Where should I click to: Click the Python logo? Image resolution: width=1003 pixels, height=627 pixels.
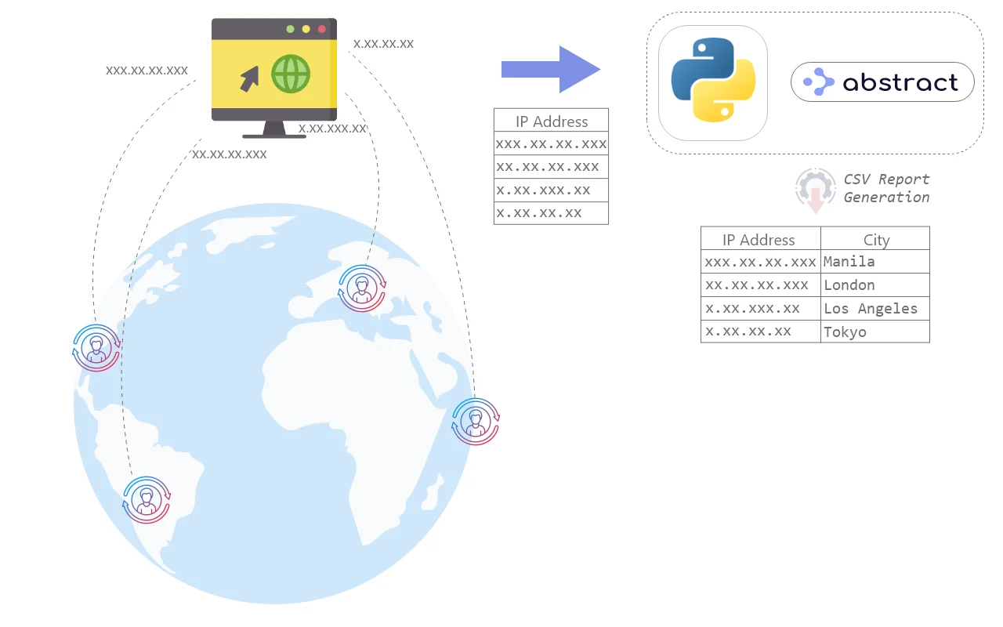712,82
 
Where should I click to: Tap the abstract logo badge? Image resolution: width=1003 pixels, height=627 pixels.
882,82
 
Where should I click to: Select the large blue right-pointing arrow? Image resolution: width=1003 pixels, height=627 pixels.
551,70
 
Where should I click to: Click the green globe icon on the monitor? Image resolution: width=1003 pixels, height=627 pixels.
291,75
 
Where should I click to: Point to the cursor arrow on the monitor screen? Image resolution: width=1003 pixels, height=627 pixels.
249,78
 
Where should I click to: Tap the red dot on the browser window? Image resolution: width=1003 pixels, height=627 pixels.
321,29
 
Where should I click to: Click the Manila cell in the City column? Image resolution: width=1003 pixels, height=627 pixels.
874,262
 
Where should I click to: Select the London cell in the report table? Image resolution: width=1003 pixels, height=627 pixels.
874,285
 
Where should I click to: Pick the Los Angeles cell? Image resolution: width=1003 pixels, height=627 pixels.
874,309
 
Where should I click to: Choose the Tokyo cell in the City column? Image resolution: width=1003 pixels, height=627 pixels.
874,332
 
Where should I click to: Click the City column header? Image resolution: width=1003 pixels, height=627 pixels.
876,240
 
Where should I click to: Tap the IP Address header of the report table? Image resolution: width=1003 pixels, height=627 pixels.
759,240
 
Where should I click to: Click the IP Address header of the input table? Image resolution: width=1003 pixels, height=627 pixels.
551,121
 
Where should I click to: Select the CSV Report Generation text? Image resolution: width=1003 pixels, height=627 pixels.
886,188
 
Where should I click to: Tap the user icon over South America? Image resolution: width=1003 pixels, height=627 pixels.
147,498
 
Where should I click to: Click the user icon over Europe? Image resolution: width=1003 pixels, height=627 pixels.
361,288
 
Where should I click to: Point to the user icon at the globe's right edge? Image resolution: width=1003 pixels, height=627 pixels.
476,422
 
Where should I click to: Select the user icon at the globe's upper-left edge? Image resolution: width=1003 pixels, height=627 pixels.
96,347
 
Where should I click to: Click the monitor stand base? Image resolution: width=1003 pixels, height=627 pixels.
274,135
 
